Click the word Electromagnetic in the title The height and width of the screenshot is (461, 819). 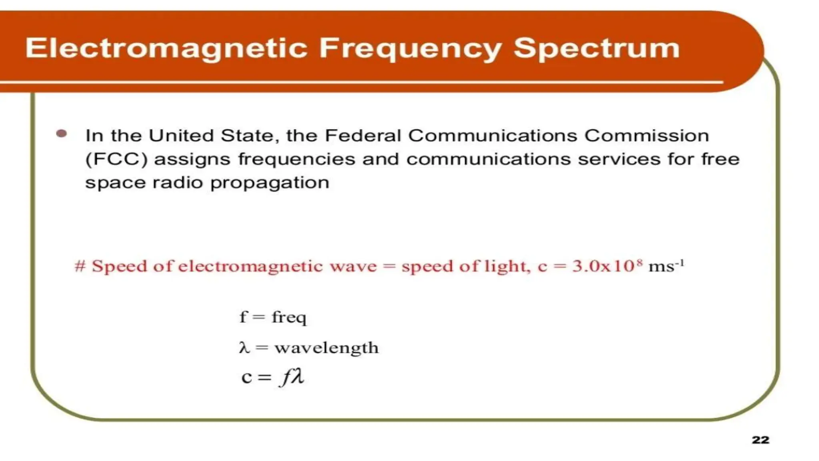click(x=166, y=49)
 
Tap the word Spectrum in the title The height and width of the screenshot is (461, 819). click(x=596, y=49)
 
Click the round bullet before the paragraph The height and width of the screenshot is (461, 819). click(x=62, y=134)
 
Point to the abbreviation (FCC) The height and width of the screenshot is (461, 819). click(x=116, y=160)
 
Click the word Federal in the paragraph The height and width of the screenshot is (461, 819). click(x=362, y=136)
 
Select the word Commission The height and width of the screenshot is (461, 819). click(x=647, y=136)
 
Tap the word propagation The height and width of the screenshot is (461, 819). click(x=270, y=183)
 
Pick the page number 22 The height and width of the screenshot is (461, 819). click(x=760, y=440)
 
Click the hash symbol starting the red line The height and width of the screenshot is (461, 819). click(x=80, y=266)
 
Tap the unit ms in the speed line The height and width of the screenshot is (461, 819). click(x=661, y=267)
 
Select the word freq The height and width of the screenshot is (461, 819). click(x=289, y=317)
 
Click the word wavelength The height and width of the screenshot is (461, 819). click(x=326, y=348)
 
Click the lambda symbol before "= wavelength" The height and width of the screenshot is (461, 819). click(x=244, y=347)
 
